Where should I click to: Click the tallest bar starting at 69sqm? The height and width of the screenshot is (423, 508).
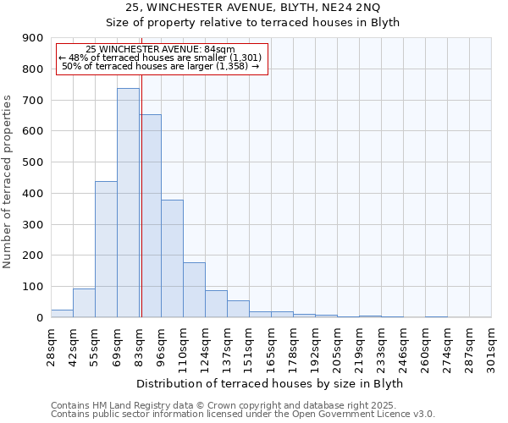tap(128, 203)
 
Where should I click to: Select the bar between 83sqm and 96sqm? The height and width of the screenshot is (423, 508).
tap(150, 216)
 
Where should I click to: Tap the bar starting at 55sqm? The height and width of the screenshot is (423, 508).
tap(106, 250)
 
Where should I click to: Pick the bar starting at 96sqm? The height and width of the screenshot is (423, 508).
tap(172, 259)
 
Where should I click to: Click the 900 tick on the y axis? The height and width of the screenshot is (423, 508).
tap(32, 38)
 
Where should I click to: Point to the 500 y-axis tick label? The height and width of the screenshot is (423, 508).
tap(32, 162)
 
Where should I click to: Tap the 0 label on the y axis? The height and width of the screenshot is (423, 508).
tap(39, 318)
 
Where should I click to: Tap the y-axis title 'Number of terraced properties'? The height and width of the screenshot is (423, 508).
tap(8, 181)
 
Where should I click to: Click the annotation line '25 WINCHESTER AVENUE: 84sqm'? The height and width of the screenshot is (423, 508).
tap(161, 49)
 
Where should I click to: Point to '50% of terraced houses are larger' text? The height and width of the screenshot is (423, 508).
tap(161, 66)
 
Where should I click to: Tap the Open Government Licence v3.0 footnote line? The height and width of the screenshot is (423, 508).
tap(242, 415)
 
